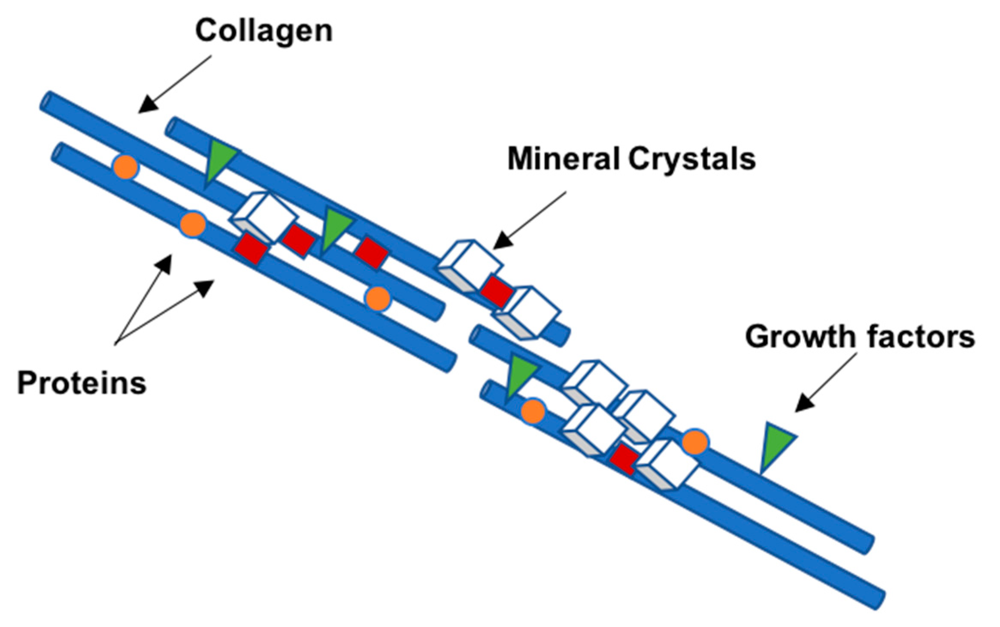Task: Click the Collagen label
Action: (x=264, y=31)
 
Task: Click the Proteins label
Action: (x=82, y=383)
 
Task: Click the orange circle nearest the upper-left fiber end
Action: (x=125, y=167)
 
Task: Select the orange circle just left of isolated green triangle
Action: (x=694, y=442)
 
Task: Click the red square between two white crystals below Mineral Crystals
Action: (x=497, y=291)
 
